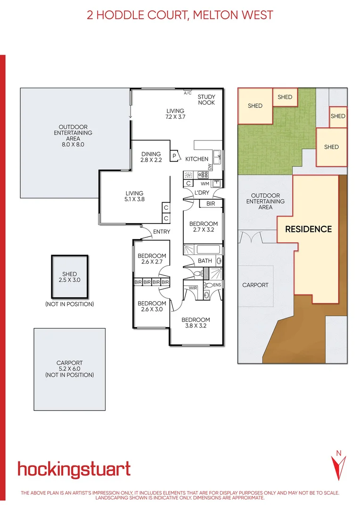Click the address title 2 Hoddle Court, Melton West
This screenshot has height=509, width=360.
pos(180,15)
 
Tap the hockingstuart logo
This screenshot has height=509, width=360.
pos(74,469)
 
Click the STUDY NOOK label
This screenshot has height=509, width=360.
pos(206,99)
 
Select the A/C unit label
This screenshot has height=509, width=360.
pos(187,93)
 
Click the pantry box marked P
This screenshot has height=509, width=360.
pos(174,156)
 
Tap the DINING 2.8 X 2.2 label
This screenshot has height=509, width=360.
pos(151,157)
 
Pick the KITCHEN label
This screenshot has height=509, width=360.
pos(196,159)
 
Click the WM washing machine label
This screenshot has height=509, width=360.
pos(205,183)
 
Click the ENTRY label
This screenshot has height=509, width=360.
pos(162,231)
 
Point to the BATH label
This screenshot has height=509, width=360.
pos(205,261)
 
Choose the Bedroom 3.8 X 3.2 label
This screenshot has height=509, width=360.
pos(196,322)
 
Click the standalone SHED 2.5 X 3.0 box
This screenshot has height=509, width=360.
pos(69,277)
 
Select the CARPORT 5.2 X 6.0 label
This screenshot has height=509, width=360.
pos(69,369)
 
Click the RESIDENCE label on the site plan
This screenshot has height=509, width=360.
pos(308,229)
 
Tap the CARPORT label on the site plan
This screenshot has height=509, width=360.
pos(255,285)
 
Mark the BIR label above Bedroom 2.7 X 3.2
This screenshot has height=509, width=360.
pos(210,204)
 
